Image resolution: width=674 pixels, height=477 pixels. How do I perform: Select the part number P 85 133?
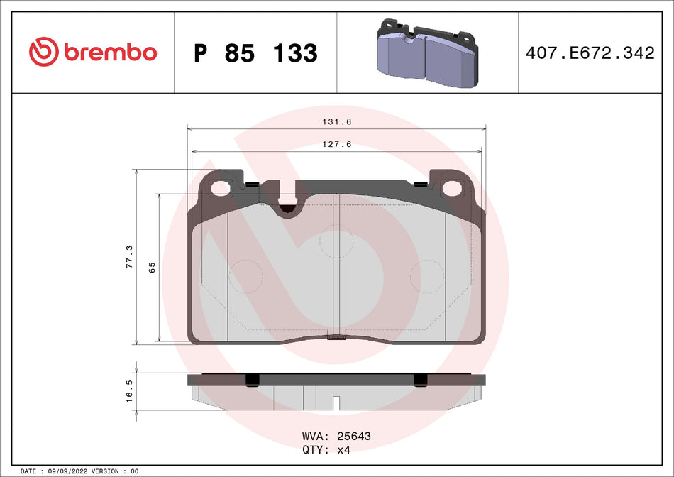(x=255, y=53)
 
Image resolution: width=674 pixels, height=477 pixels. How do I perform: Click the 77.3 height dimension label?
(x=128, y=256)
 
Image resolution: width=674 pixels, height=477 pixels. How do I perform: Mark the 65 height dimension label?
(x=151, y=268)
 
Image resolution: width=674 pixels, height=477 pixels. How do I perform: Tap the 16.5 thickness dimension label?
(x=129, y=391)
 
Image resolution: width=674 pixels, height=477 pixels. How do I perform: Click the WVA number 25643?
(x=355, y=436)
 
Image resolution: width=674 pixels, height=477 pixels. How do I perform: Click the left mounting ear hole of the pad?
(x=222, y=188)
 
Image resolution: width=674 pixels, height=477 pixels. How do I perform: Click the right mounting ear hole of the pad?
(x=452, y=188)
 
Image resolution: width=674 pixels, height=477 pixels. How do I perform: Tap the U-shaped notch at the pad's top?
(x=287, y=204)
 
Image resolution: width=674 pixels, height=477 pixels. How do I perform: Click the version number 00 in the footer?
(x=135, y=471)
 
